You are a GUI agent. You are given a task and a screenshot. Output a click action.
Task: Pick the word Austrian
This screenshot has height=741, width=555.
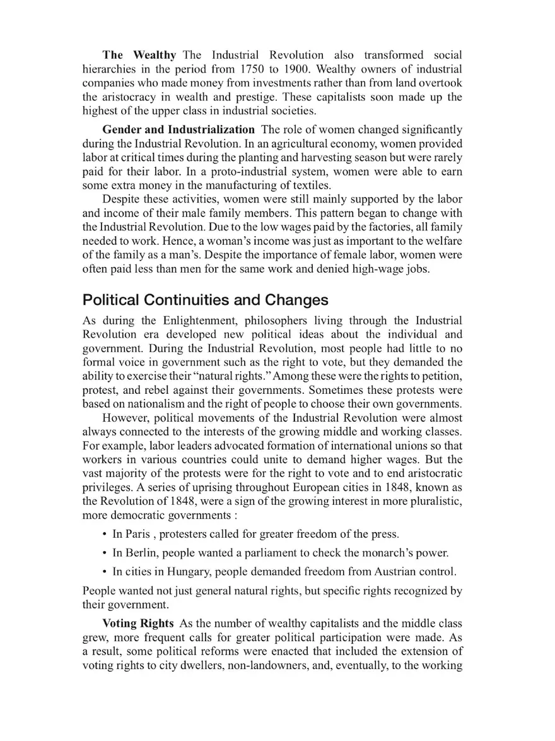pyautogui.click(x=381, y=572)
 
